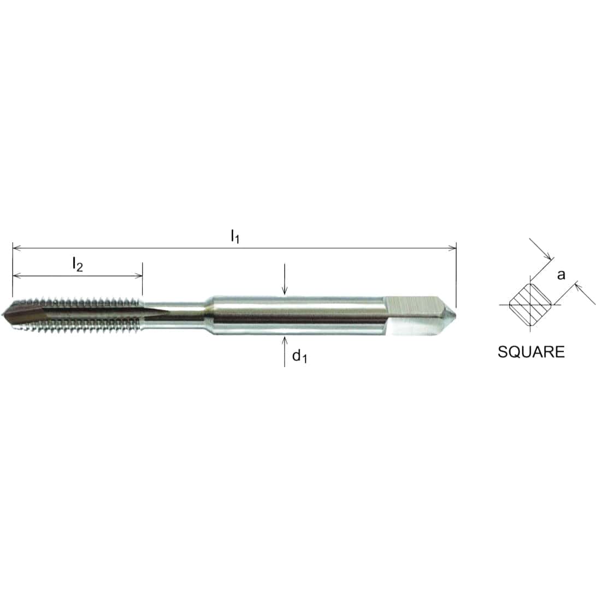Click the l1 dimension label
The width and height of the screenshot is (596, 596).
pyautogui.click(x=235, y=237)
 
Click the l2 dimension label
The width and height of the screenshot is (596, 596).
pyautogui.click(x=78, y=265)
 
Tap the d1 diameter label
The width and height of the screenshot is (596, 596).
pyautogui.click(x=299, y=357)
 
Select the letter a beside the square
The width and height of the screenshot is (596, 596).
pyautogui.click(x=561, y=275)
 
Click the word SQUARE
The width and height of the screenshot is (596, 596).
pyautogui.click(x=530, y=352)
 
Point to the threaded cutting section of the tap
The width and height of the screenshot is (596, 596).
pyautogui.click(x=82, y=315)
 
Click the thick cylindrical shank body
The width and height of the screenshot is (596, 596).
pyautogui.click(x=295, y=315)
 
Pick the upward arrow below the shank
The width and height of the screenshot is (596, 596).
pyautogui.click(x=284, y=341)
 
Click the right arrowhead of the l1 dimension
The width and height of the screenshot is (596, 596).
pyautogui.click(x=452, y=248)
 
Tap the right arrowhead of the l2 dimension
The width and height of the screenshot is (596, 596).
pyautogui.click(x=139, y=276)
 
